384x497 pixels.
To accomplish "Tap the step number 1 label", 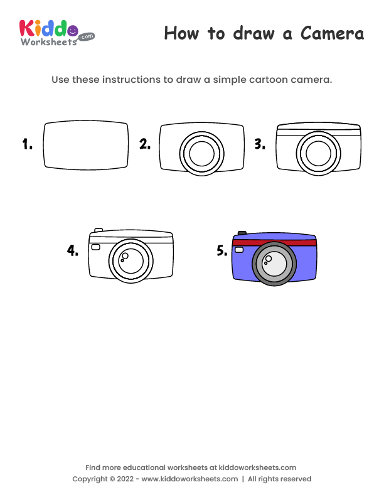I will [x=27, y=145].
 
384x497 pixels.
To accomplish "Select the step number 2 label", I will [x=144, y=144].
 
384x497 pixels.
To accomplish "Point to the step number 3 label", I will [x=259, y=144].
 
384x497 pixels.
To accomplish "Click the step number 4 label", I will [x=73, y=251].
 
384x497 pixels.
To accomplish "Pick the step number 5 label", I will [x=221, y=251].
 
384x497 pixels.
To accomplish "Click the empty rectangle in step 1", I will [x=86, y=146].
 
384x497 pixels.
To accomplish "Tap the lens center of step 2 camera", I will [x=202, y=153].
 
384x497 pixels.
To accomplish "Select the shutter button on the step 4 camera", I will [x=99, y=230].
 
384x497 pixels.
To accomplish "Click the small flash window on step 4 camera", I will [x=95, y=247].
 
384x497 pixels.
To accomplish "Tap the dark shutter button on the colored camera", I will [x=242, y=233].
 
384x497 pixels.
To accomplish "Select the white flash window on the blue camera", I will [x=239, y=250].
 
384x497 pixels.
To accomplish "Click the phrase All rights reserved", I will [x=279, y=479].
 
